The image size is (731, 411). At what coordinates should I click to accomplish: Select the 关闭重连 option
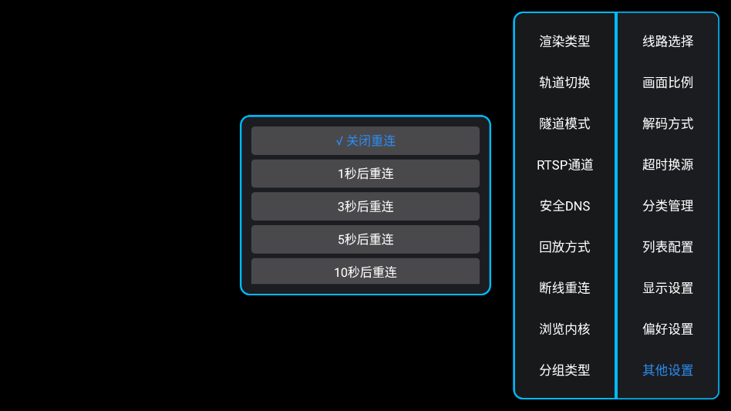click(370, 141)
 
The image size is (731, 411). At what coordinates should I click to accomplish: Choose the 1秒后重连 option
click(365, 173)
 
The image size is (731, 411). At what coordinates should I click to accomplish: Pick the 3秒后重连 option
click(365, 207)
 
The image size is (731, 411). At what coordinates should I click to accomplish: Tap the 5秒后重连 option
click(365, 239)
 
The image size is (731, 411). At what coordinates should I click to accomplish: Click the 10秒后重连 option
click(365, 271)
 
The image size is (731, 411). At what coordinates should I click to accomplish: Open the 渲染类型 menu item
click(564, 42)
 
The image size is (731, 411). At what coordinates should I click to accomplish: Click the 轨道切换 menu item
click(564, 83)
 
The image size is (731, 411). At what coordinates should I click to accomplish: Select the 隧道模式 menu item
click(564, 123)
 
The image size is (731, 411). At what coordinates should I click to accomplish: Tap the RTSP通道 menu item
click(564, 164)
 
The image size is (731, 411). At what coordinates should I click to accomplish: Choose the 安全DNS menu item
click(564, 206)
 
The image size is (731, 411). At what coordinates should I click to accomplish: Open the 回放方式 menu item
click(564, 247)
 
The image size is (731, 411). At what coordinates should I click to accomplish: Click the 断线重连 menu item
click(564, 288)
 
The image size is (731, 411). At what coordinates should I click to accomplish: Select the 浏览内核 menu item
click(564, 328)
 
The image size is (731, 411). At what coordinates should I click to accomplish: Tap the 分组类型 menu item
click(564, 370)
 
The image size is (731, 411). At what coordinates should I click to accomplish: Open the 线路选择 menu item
click(668, 42)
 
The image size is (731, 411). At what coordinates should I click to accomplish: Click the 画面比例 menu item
click(668, 83)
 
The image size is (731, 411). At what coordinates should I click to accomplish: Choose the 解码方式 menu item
click(668, 123)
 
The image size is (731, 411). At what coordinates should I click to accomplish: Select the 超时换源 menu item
click(668, 164)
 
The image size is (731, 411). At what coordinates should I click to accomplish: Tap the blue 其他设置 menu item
click(668, 370)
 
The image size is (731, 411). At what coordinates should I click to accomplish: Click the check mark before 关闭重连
click(339, 141)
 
